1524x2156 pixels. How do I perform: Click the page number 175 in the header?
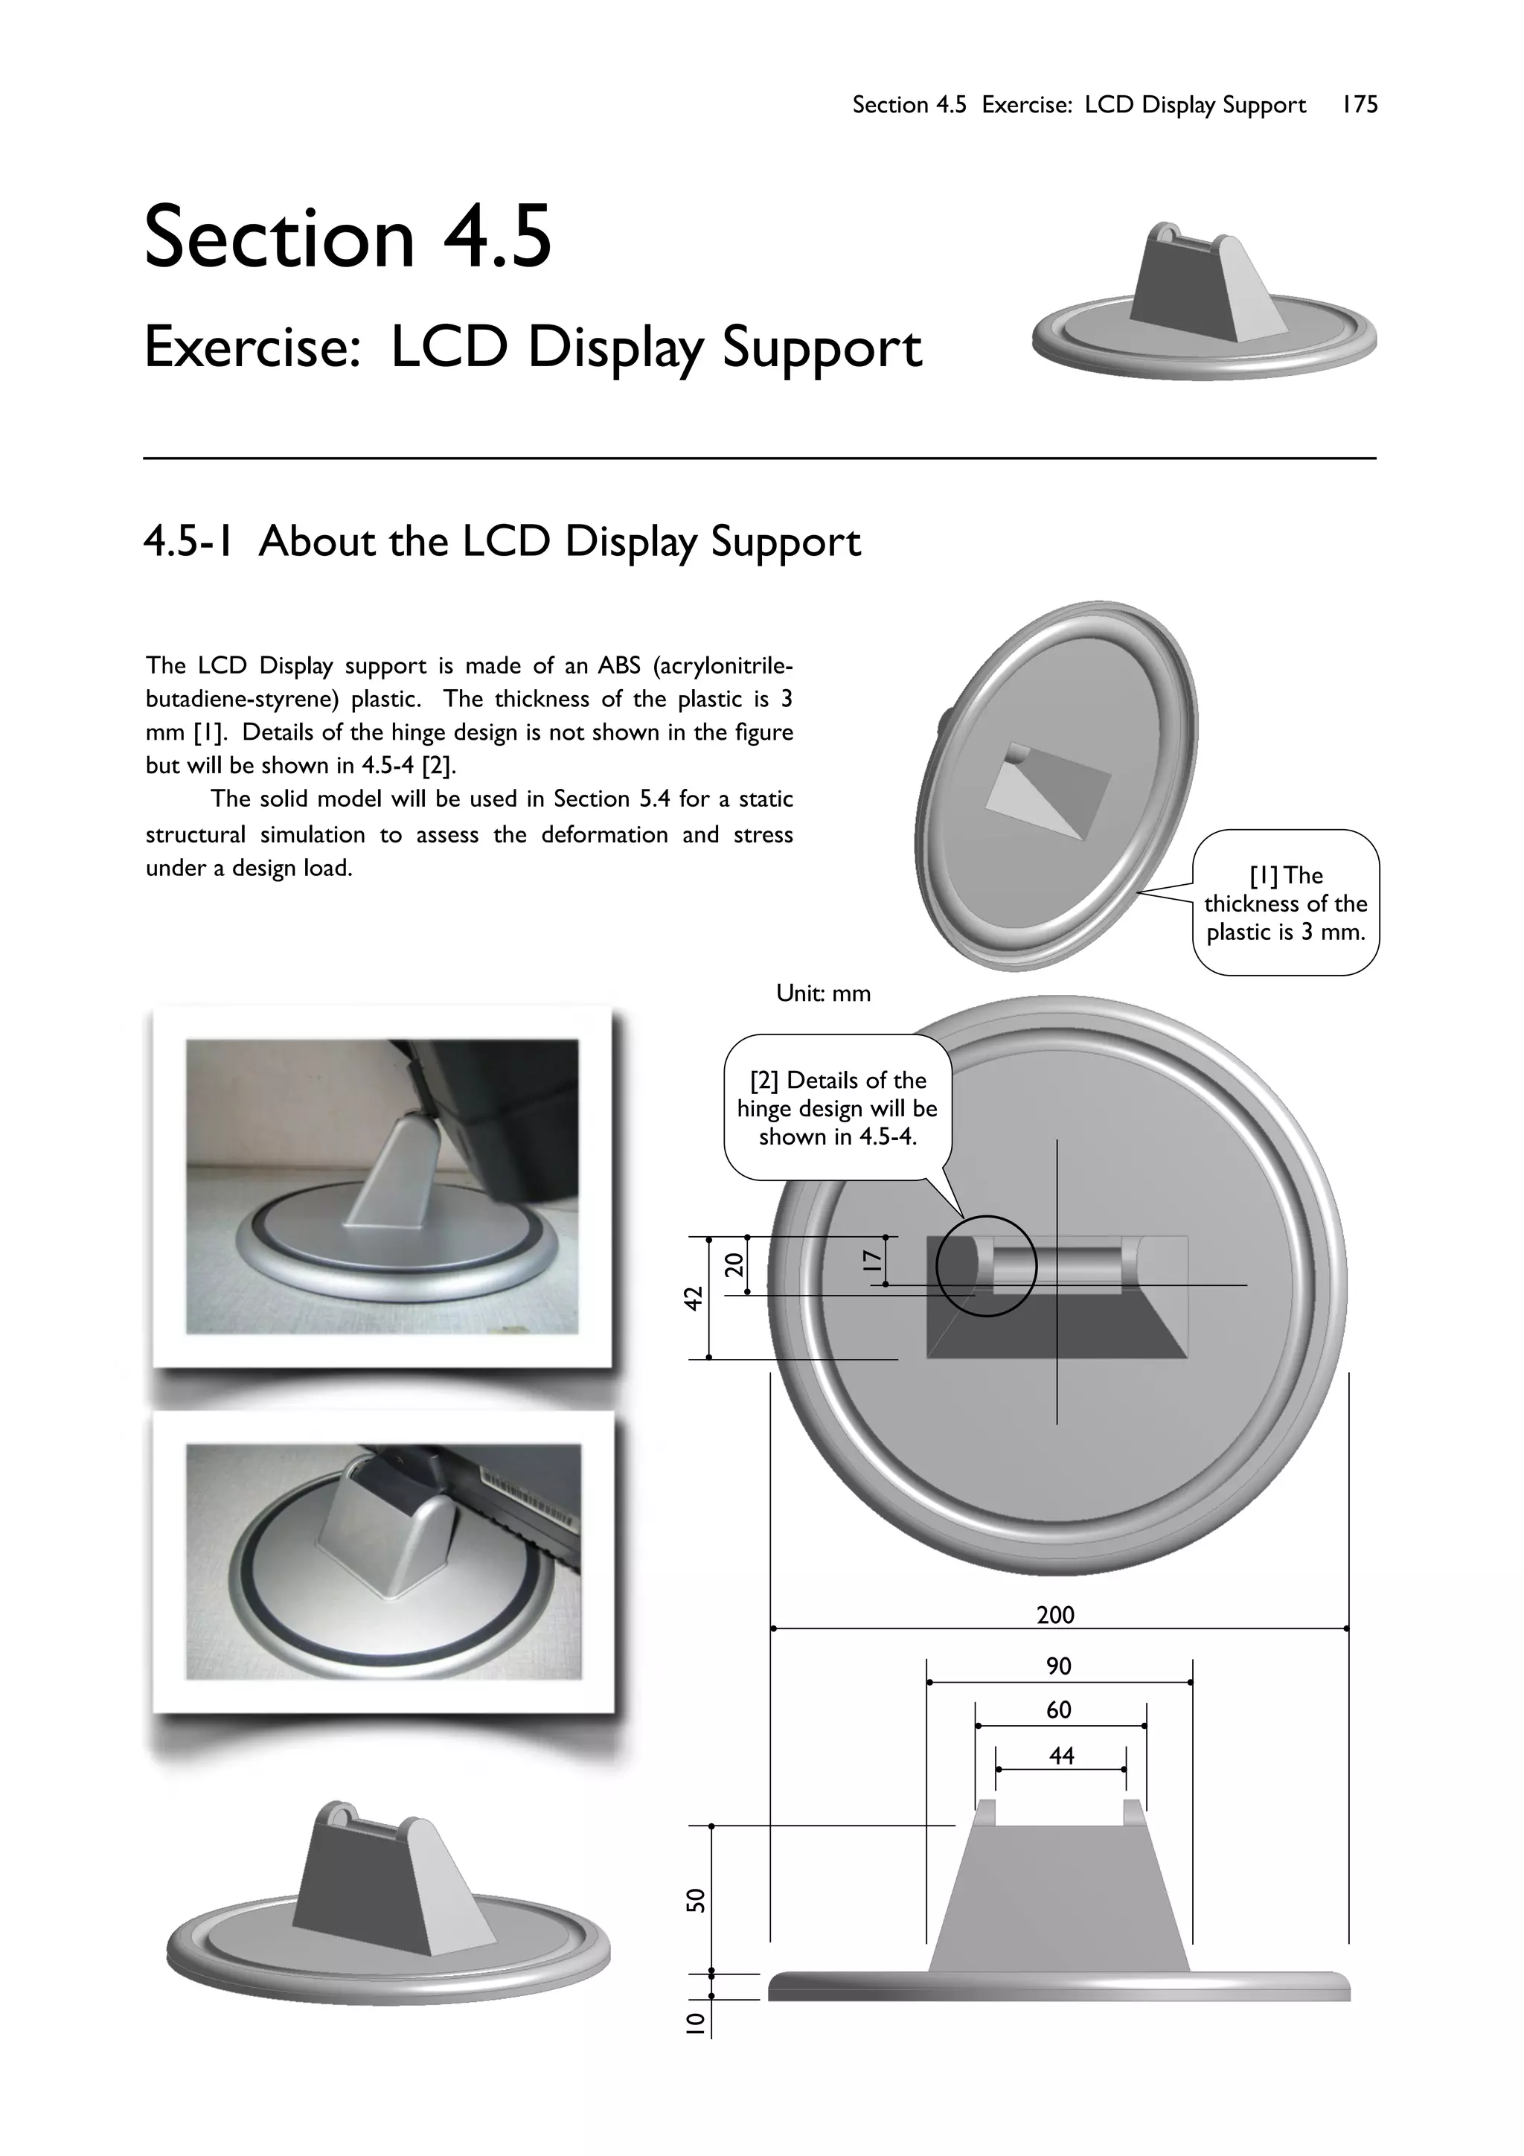pos(1359,104)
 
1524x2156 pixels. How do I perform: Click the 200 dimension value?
pos(1055,1615)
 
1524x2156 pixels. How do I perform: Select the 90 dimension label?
pos(1058,1666)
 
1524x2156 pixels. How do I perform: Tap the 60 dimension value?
pos(1058,1710)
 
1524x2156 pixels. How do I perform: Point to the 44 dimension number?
pos(1061,1756)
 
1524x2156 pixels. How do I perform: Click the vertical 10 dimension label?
pos(695,2023)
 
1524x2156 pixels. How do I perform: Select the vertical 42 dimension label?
pos(693,1299)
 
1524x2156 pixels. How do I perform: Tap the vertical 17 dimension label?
pos(872,1260)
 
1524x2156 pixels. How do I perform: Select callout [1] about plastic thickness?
pos(1285,903)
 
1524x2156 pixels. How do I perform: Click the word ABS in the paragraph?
pos(619,666)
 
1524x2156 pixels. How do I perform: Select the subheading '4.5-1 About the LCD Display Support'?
pos(502,542)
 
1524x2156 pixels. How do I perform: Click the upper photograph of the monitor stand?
pos(382,1186)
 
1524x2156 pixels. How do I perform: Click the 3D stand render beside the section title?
pos(1204,301)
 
